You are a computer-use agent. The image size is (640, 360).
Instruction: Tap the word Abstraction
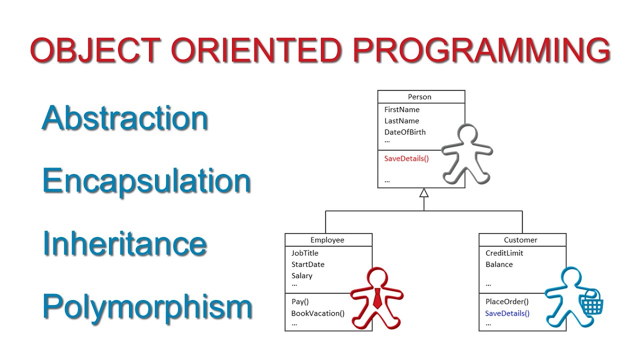click(x=124, y=118)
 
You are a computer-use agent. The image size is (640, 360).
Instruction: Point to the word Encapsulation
click(x=146, y=181)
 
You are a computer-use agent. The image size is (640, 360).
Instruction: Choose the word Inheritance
click(x=124, y=243)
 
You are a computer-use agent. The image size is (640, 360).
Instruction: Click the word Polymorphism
click(x=147, y=306)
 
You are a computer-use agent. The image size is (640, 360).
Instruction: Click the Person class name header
click(x=419, y=96)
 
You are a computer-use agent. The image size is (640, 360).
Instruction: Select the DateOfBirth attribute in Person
click(x=405, y=132)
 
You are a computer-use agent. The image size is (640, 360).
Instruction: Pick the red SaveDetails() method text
click(x=406, y=158)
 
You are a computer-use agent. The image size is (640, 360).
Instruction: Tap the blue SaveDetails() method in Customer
click(x=507, y=313)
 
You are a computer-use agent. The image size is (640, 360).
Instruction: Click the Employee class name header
click(x=327, y=240)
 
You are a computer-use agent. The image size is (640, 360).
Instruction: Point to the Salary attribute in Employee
click(x=302, y=275)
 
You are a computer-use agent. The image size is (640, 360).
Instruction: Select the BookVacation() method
click(x=318, y=313)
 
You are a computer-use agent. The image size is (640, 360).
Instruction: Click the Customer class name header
click(x=520, y=240)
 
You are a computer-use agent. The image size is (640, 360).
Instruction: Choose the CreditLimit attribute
click(x=504, y=253)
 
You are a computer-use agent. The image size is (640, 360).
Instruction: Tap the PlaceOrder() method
click(x=507, y=301)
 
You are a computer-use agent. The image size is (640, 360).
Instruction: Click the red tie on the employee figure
click(x=377, y=298)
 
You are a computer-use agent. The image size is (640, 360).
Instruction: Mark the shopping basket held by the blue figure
click(x=591, y=302)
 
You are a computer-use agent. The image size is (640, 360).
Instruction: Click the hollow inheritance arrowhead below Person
click(x=424, y=193)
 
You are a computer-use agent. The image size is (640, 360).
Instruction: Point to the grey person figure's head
click(x=468, y=135)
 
